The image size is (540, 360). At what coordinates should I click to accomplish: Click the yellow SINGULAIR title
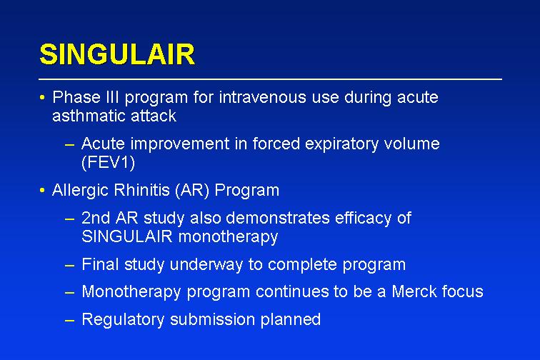(x=117, y=54)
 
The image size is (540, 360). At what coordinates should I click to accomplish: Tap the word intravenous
(x=262, y=97)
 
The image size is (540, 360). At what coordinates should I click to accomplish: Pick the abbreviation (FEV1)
(x=108, y=162)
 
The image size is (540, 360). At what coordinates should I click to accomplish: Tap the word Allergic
(x=80, y=191)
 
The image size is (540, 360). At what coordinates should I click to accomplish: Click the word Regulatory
(x=123, y=320)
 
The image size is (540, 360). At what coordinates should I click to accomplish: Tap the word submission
(x=212, y=319)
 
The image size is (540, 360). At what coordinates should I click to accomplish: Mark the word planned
(x=291, y=320)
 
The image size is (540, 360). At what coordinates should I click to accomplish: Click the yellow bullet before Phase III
(x=42, y=98)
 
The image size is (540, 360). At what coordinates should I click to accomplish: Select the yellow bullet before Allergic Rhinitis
(x=42, y=191)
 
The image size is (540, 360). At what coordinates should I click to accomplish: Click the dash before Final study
(x=69, y=266)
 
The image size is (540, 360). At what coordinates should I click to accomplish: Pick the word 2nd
(x=96, y=218)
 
